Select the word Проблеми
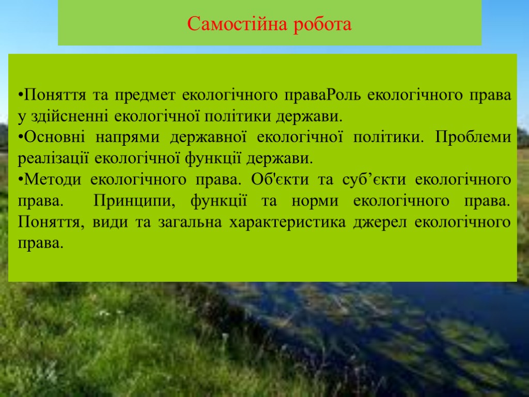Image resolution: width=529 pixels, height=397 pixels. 473,138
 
